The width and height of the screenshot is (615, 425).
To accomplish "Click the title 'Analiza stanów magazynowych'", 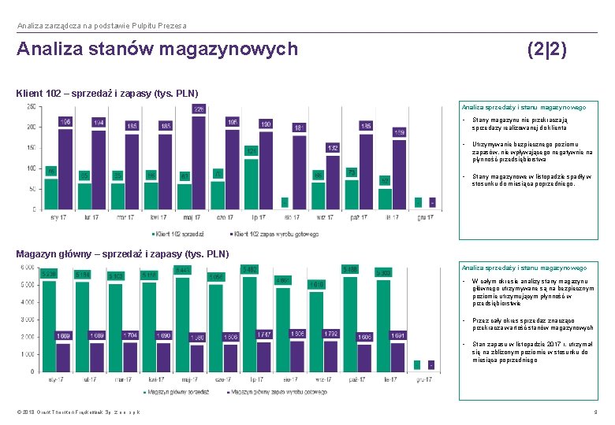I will pos(158,50).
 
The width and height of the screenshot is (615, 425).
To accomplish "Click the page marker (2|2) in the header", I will pos(546,50).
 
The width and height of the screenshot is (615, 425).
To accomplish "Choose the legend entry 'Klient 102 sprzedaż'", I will pos(178,234).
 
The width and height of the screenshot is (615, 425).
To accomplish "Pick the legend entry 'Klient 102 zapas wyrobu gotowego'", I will pos(274,234).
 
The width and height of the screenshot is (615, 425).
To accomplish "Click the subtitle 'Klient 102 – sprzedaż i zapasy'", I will pos(106,94).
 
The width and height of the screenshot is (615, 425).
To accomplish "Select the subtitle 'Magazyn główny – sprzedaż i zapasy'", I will pos(122,253).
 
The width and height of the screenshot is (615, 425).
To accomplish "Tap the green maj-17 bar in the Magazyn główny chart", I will pos(183,323).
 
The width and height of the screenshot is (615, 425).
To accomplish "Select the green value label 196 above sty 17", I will pos(65,122).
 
